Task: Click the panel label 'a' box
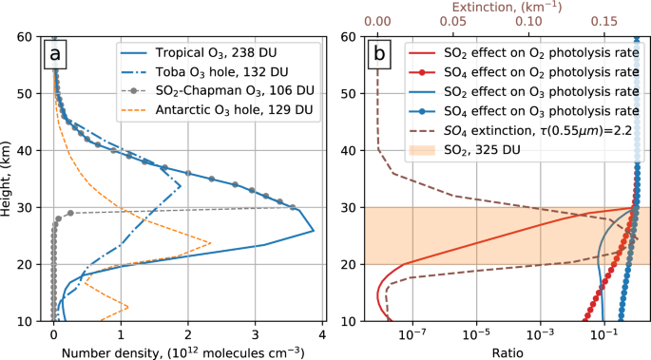[x=56, y=56]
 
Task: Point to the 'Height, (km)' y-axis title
[x=10, y=180]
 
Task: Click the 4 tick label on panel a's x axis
[x=322, y=334]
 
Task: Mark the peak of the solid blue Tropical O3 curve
[x=314, y=231]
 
